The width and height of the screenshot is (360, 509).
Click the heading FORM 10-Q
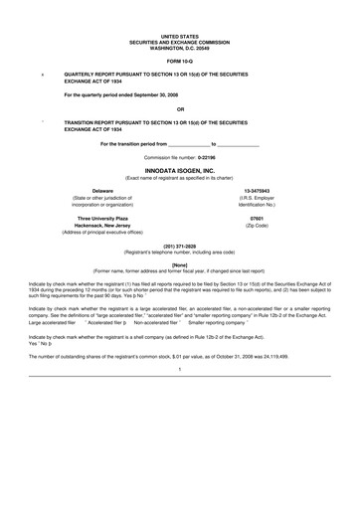(x=180, y=60)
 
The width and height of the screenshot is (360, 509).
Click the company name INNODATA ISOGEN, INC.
(x=180, y=171)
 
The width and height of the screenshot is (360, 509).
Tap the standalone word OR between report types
(x=180, y=109)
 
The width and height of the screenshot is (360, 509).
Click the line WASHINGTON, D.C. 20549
(x=180, y=46)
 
